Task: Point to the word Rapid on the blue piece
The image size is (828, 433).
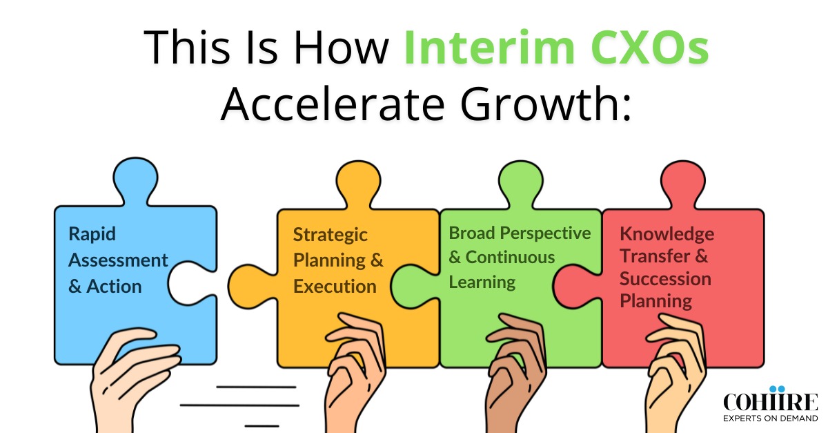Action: pos(92,233)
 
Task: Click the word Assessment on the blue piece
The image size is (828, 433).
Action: pos(118,260)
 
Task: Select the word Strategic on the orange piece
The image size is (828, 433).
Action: pos(331,235)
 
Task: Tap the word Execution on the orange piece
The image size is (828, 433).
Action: pos(335,286)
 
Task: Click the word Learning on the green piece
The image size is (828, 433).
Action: pos(482,282)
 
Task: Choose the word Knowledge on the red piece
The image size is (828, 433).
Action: pos(667,234)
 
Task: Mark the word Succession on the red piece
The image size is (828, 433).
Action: pos(665,279)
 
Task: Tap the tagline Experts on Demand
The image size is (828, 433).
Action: pos(770,418)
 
